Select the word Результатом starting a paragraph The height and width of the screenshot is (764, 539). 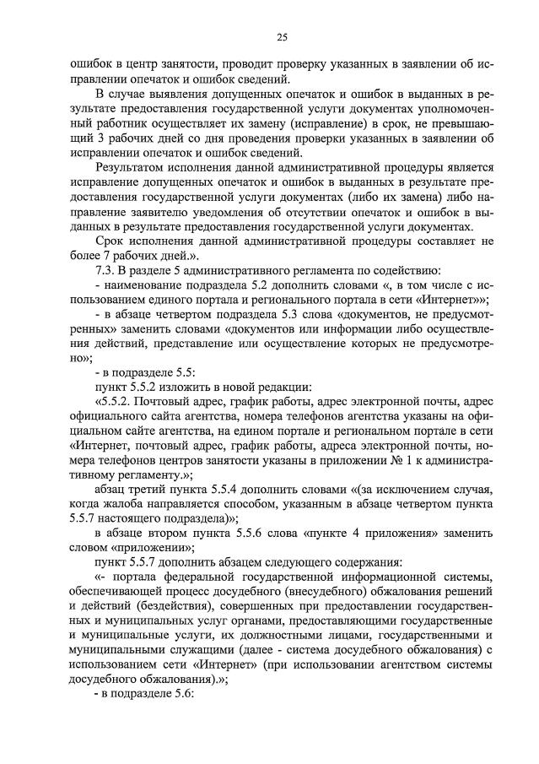tap(133, 167)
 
